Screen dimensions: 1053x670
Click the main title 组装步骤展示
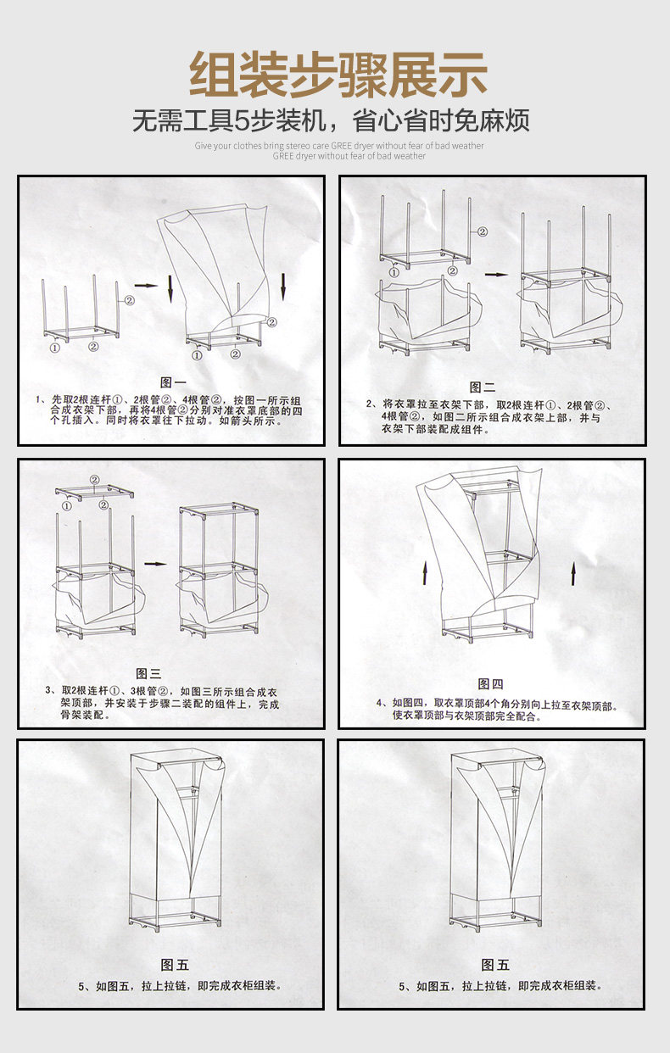[337, 75]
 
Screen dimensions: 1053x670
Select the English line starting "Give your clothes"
[339, 146]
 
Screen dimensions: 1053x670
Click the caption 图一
[174, 382]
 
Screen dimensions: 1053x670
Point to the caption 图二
[482, 387]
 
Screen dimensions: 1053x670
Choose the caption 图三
[148, 674]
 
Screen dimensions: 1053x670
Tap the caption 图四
[491, 684]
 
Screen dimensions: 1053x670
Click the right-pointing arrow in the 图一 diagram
[146, 286]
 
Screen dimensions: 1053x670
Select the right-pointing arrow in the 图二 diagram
[496, 274]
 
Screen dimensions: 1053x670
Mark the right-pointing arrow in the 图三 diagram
[155, 563]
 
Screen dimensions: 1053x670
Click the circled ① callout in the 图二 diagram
[394, 271]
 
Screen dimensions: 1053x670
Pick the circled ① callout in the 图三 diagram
[64, 506]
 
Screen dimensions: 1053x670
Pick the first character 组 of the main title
[213, 75]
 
